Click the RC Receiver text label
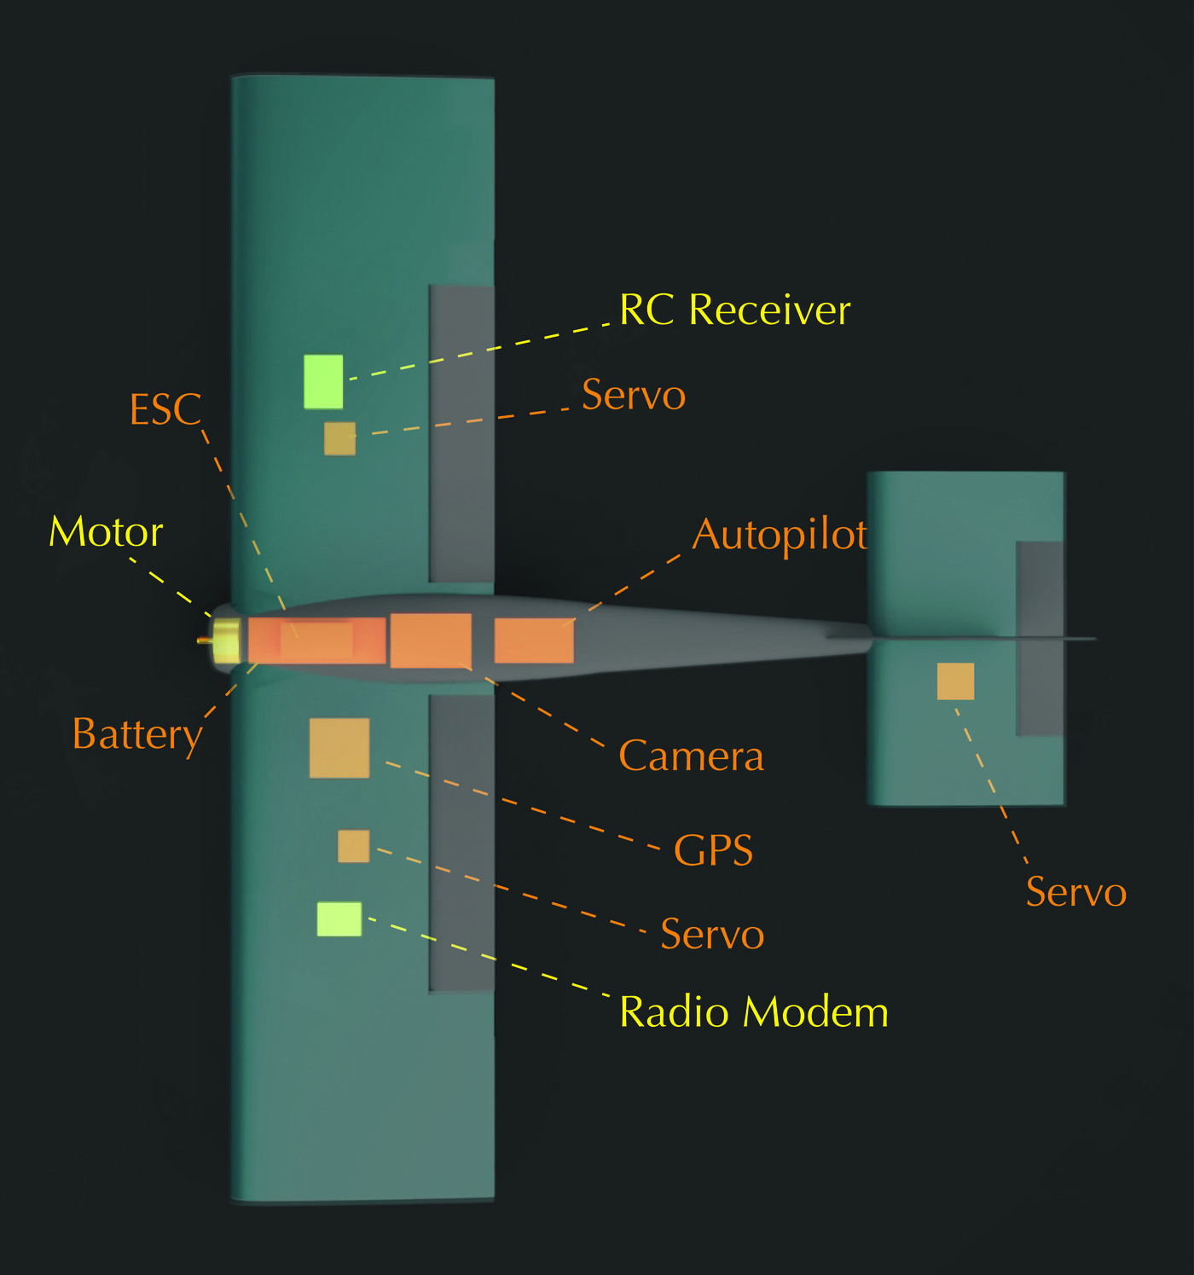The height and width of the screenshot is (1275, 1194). coord(734,310)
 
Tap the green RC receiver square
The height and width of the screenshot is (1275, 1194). coord(323,381)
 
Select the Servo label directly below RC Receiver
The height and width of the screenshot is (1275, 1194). coord(634,395)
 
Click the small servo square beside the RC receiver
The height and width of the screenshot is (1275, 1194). coord(339,438)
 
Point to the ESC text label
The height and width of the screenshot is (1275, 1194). coord(165,410)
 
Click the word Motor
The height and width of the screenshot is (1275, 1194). coord(106,533)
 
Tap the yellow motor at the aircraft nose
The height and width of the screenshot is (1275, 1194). coord(226,641)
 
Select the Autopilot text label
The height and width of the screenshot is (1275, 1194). coord(780,536)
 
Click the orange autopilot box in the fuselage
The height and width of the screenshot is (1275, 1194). coord(534,640)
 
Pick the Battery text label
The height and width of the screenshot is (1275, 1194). coord(137,734)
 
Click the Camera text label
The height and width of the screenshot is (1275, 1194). coord(691,756)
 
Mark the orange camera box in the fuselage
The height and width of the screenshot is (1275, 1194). coord(431,640)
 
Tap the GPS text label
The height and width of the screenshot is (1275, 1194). coord(713,850)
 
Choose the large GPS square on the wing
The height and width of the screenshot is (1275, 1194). coord(339,748)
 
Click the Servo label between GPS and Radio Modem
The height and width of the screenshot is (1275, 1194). coord(712,935)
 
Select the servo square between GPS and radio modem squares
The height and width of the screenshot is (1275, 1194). coord(353,846)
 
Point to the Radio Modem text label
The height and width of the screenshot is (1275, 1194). coord(753,1012)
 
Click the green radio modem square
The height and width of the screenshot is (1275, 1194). coord(339,919)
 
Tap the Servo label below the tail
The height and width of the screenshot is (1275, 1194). coord(1075,893)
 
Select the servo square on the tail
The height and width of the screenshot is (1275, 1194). coord(955,681)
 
